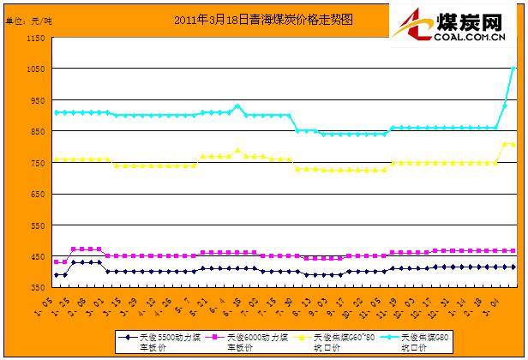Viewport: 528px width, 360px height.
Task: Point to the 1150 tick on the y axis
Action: (35, 39)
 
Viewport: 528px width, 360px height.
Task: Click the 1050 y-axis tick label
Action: (35, 69)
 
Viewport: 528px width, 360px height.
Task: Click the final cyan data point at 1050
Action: (513, 69)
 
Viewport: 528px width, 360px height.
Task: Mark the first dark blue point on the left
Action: (57, 275)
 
